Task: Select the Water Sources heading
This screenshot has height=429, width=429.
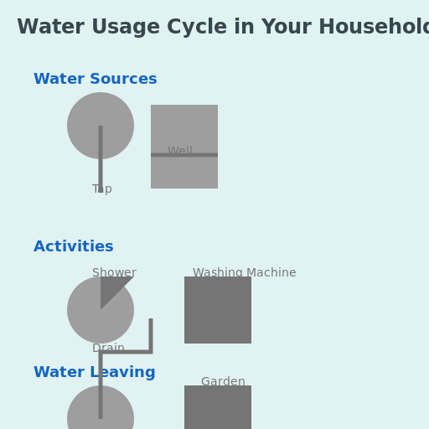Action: click(x=95, y=80)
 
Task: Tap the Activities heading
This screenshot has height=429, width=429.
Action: click(x=73, y=247)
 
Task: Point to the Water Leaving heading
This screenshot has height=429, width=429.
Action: click(x=94, y=373)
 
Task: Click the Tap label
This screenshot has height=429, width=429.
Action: click(x=102, y=190)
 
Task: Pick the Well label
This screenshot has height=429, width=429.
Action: click(x=179, y=152)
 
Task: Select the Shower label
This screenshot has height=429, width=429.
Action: click(x=114, y=273)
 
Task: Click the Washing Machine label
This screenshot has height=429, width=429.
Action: click(x=244, y=273)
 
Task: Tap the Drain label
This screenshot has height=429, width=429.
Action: click(x=108, y=349)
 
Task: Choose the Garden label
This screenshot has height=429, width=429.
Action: click(x=223, y=382)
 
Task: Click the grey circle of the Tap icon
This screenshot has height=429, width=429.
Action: click(x=84, y=117)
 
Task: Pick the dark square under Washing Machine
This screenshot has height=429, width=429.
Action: click(x=218, y=310)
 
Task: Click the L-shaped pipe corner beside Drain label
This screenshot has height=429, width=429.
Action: click(x=150, y=351)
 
